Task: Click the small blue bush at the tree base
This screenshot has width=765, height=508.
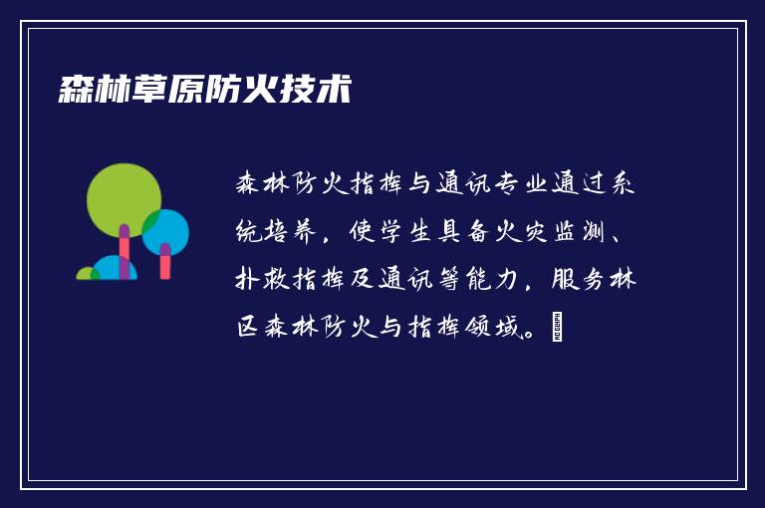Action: pos(114,269)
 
